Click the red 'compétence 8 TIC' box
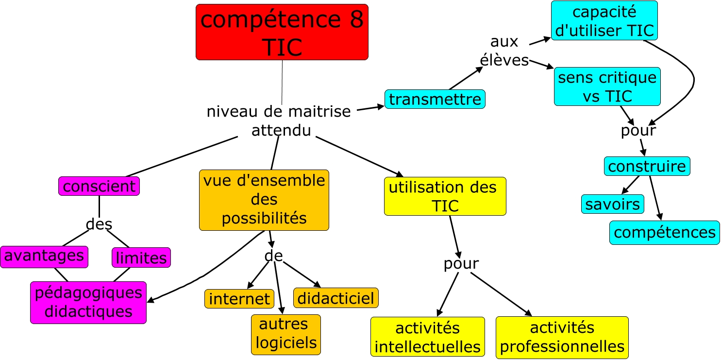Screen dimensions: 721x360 click(x=282, y=32)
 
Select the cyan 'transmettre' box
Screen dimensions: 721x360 click(x=435, y=99)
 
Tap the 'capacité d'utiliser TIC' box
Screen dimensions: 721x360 click(x=604, y=20)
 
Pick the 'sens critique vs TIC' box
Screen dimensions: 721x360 click(x=607, y=86)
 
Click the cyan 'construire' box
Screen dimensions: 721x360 click(x=647, y=167)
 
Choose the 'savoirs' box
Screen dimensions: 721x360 click(x=612, y=204)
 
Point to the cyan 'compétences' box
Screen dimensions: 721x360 click(x=664, y=232)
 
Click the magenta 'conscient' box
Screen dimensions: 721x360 click(x=99, y=186)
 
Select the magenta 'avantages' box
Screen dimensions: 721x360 click(x=44, y=257)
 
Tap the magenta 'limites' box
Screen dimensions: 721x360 click(x=141, y=257)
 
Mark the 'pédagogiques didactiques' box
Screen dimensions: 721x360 click(x=88, y=302)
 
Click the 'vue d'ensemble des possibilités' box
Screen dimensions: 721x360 click(x=264, y=200)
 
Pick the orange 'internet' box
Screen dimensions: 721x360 click(x=239, y=298)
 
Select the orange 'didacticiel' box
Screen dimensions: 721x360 click(x=335, y=298)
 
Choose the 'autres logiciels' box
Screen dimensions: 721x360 click(x=285, y=334)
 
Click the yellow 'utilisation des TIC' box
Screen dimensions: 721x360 click(x=445, y=196)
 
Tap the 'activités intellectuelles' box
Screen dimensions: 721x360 click(x=427, y=338)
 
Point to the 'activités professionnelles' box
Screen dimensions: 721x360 click(x=562, y=337)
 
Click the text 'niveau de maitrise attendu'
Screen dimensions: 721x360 click(x=279, y=121)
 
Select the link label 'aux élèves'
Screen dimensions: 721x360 click(x=504, y=51)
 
